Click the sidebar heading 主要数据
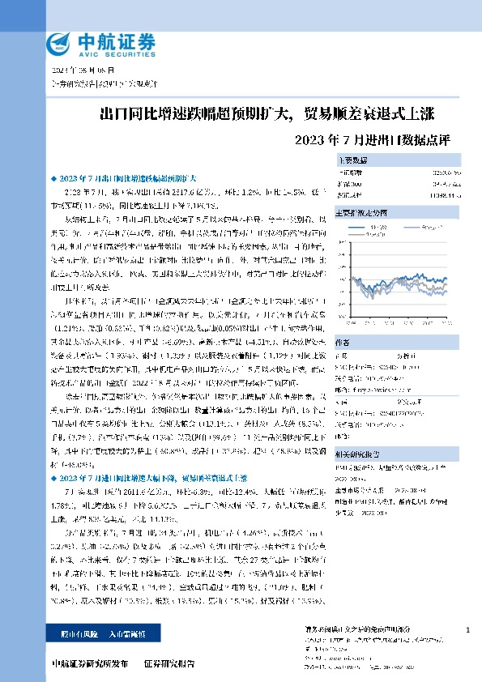(352, 160)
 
